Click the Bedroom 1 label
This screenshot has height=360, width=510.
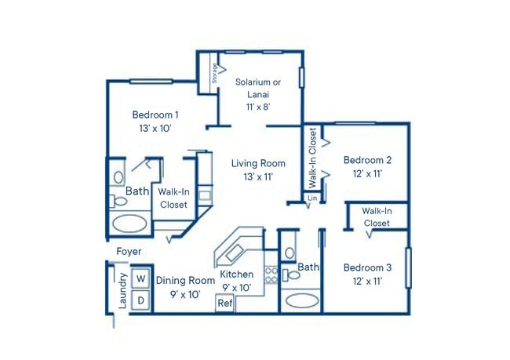pos(155,115)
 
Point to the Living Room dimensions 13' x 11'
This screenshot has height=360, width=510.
pos(258,177)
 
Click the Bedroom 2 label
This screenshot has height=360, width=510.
pos(368,160)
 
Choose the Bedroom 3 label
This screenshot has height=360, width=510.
pos(368,267)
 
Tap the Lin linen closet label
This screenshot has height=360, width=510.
pos(312,198)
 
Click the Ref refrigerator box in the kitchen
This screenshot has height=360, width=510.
pos(225,303)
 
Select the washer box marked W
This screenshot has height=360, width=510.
pos(141,278)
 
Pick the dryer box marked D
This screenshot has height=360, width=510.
pos(141,300)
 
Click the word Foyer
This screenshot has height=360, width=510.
pos(129,252)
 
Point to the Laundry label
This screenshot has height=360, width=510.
pos(123,289)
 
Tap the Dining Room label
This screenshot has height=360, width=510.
pos(185,280)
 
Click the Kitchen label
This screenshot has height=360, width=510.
pos(236,275)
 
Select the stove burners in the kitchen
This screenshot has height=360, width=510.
pos(271,275)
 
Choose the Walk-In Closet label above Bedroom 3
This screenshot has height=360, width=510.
pos(377,216)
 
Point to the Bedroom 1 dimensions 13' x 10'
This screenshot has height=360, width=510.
pos(155,128)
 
